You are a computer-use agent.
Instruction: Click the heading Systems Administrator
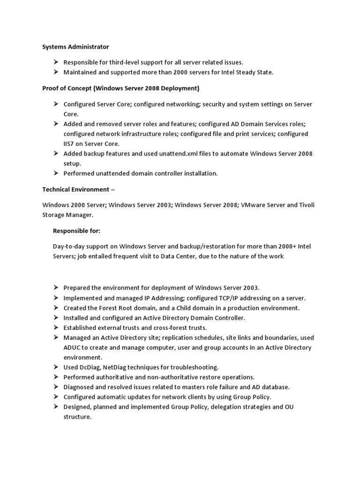(x=75, y=47)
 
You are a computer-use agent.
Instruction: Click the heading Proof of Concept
(x=121, y=88)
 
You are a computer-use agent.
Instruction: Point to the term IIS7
(x=71, y=144)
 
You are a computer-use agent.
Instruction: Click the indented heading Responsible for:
(x=77, y=231)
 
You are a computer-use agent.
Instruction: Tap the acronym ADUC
(x=74, y=347)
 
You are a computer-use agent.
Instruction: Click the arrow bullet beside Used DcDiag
(x=55, y=367)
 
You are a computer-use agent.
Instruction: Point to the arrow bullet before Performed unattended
(x=55, y=173)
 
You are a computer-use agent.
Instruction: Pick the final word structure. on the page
(x=77, y=416)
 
